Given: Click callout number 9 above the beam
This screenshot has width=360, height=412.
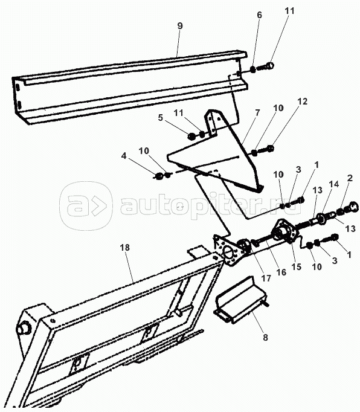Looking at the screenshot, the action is click(x=180, y=26).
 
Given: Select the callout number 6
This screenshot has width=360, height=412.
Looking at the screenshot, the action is click(x=259, y=15).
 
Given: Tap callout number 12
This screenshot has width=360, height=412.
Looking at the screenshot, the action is click(x=302, y=101).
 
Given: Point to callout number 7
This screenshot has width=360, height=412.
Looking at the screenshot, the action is click(x=257, y=113).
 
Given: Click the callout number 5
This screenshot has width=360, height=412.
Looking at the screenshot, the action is click(x=161, y=118).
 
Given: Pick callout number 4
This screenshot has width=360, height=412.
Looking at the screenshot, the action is click(x=124, y=156).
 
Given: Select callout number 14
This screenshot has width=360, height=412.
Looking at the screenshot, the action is click(x=335, y=184).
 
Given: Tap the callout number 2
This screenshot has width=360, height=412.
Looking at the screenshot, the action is click(x=350, y=178).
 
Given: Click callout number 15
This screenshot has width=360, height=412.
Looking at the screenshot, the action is click(x=297, y=266).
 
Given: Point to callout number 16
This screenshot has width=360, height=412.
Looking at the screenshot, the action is click(x=281, y=272).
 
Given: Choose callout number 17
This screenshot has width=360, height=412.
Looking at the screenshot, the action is click(x=266, y=278).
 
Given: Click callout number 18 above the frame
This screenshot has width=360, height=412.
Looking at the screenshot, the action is click(x=125, y=248).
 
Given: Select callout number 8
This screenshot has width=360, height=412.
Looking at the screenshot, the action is click(x=265, y=337).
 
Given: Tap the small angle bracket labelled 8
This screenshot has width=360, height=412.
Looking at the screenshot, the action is click(x=240, y=300).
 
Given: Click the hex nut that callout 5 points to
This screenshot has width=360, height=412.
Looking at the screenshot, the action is click(x=191, y=136).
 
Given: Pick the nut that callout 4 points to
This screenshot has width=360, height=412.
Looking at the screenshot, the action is click(x=158, y=176).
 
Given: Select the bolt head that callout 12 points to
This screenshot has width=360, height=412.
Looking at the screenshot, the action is click(x=270, y=149).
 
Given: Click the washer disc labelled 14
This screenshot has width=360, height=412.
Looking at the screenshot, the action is click(x=321, y=219).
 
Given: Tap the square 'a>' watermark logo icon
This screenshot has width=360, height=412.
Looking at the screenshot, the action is click(x=86, y=206).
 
